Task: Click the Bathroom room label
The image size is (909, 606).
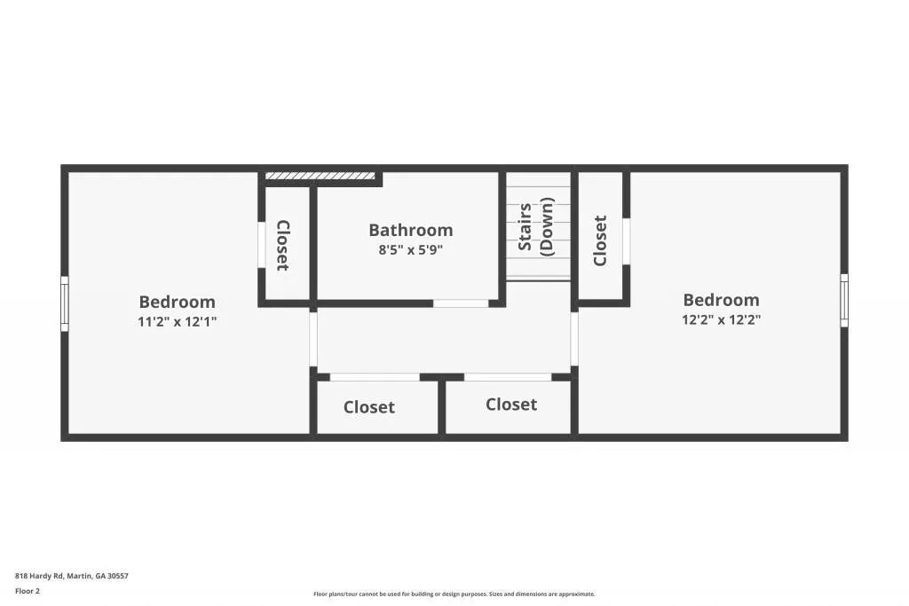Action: click(410, 231)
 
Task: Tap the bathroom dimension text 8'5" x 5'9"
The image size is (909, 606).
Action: click(410, 250)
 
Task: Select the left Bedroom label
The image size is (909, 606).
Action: click(177, 302)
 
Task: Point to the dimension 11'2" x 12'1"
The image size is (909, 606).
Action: click(177, 322)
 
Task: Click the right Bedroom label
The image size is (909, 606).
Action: click(721, 300)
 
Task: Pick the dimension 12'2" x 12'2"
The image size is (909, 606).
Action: click(721, 319)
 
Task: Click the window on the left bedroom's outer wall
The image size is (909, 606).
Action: click(65, 304)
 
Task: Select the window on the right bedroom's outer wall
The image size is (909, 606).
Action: click(843, 301)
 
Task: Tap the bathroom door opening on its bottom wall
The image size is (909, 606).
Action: click(461, 303)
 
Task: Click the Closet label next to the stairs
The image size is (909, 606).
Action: click(600, 240)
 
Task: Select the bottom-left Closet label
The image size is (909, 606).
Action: click(369, 407)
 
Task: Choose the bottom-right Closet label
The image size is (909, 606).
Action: click(511, 405)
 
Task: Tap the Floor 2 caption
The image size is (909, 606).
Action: click(28, 591)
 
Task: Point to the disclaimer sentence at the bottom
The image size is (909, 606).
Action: click(454, 594)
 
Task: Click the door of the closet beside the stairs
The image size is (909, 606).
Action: click(626, 241)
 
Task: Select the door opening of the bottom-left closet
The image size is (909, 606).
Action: click(374, 377)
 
